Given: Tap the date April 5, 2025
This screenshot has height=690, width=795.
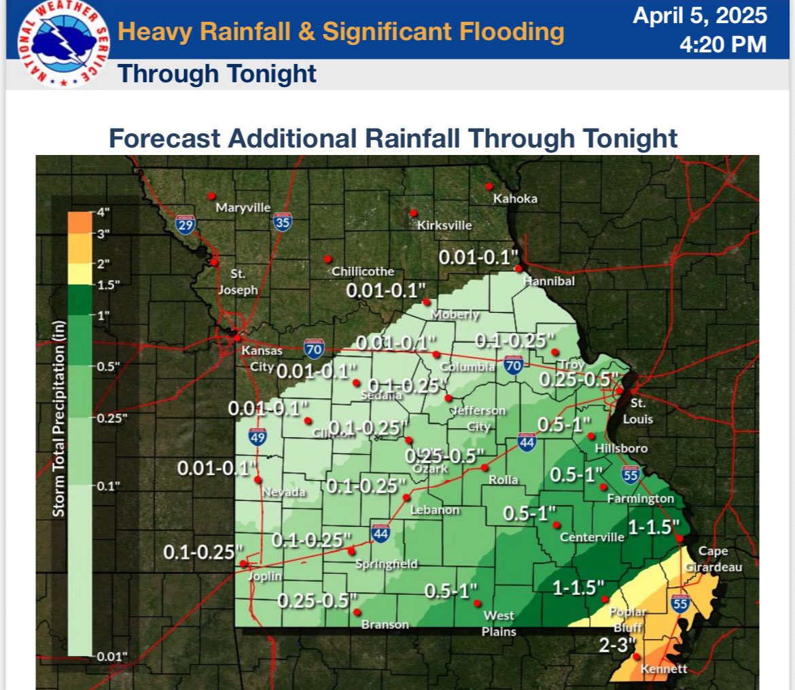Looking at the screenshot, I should tap(700, 16).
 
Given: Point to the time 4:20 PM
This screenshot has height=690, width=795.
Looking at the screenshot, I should tap(723, 45).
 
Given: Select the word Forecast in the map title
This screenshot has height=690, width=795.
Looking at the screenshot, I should tap(164, 138).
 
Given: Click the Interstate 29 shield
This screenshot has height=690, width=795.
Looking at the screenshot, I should tap(183, 224).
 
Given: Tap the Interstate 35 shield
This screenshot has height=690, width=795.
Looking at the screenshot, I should tap(283, 222).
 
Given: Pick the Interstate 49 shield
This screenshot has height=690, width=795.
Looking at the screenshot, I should tap(256, 436).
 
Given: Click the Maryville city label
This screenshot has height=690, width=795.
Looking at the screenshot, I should tap(243, 207).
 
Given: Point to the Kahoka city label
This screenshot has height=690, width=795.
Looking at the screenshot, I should tap(515, 199).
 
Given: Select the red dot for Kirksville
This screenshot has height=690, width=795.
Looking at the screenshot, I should tap(412, 213).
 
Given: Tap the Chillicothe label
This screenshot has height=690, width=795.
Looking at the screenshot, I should tap(363, 271).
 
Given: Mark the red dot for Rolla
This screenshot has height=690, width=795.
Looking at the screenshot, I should tap(484, 468).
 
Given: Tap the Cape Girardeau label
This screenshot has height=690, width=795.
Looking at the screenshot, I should tap(713, 559).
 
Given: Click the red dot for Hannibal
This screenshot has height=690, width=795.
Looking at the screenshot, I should tap(518, 269).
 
